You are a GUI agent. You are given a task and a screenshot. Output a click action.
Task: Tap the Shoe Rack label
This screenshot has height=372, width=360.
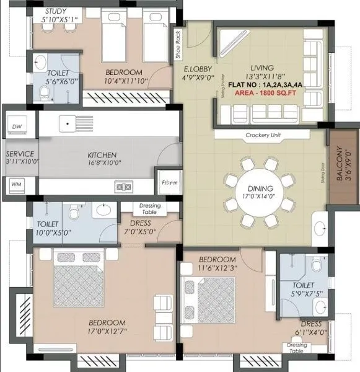178,45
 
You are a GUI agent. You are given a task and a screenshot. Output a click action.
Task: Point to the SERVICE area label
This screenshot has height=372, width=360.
20,154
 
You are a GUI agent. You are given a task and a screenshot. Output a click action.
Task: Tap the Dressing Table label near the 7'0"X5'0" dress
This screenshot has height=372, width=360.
149,209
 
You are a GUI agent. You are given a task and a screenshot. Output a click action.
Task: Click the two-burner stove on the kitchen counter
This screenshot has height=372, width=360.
121,186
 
